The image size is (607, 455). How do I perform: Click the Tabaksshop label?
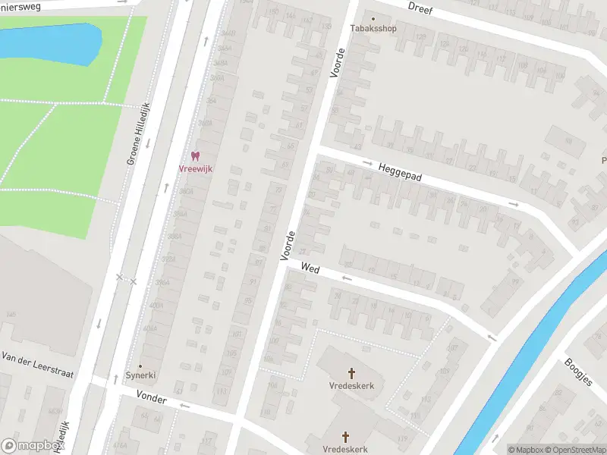tap(373, 29)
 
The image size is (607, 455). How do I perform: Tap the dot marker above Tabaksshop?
tap(373, 19)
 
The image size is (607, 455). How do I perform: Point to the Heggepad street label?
tap(400, 170)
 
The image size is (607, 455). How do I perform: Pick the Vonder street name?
tap(152, 397)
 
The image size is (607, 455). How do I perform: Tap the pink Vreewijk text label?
tap(196, 168)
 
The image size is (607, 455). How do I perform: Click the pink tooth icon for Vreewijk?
tap(196, 155)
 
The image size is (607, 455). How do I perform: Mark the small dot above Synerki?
tap(140, 366)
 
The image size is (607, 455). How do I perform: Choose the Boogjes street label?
tap(580, 372)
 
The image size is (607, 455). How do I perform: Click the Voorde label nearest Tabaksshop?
tap(338, 63)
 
